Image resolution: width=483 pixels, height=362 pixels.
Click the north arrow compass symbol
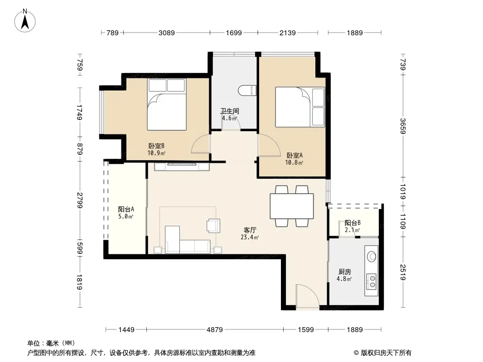[25, 20]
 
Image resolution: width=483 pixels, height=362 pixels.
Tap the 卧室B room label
[156, 146]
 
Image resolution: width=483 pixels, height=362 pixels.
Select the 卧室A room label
[295, 155]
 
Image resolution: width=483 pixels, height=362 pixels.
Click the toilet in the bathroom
[247, 90]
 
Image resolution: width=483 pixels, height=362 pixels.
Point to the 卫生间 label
[229, 111]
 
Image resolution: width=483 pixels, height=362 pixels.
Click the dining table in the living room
[292, 206]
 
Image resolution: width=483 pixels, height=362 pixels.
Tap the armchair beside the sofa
[213, 225]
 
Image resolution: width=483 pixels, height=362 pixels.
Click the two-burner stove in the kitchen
[372, 281]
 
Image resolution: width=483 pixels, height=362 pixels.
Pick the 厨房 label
[344, 271]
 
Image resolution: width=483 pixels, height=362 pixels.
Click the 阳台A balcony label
[126, 209]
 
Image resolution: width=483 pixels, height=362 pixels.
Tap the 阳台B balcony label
[353, 223]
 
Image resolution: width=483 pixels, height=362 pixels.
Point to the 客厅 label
[250, 230]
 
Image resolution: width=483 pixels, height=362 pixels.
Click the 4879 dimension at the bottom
[214, 330]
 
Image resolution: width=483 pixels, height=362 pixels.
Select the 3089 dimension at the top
[167, 33]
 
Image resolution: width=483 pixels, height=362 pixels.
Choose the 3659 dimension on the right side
[403, 126]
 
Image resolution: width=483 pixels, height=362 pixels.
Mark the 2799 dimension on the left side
[80, 200]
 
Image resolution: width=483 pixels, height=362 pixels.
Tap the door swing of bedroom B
[201, 144]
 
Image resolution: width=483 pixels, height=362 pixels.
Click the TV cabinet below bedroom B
[182, 167]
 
